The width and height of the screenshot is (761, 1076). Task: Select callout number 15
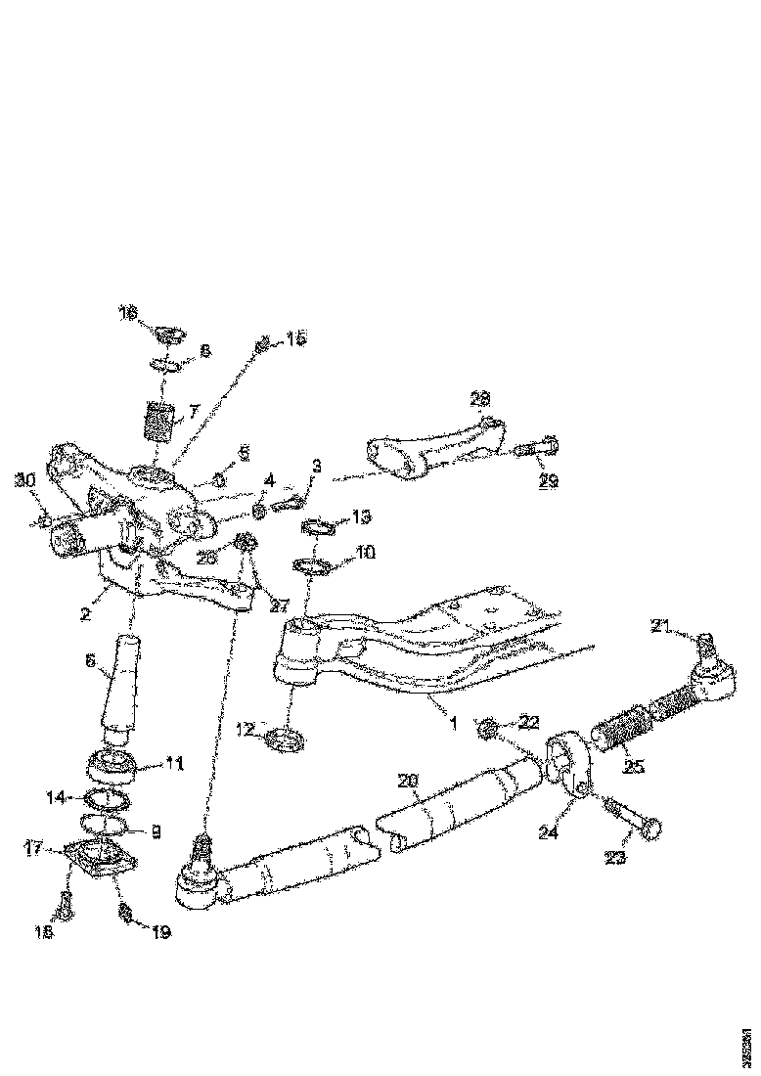(295, 338)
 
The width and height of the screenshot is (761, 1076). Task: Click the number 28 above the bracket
(481, 399)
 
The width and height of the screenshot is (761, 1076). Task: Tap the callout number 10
(365, 553)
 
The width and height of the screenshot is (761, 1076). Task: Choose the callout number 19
(159, 932)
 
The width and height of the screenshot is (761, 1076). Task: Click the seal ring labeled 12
(284, 740)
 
